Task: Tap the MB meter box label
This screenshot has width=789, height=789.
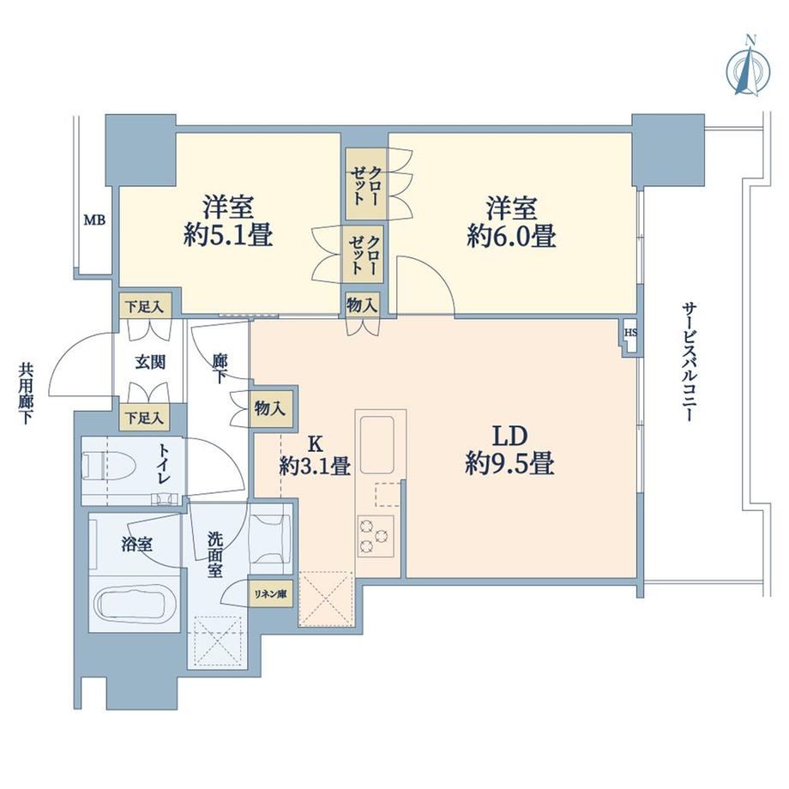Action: (94, 220)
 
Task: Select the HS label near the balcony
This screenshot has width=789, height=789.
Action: (630, 333)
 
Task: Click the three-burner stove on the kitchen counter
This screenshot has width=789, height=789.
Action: (376, 536)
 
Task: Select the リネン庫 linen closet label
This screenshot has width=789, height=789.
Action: (270, 593)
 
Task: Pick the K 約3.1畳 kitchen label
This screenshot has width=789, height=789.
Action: (315, 456)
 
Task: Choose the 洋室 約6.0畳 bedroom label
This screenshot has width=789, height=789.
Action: (511, 222)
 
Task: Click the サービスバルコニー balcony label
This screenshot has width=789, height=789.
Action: (689, 362)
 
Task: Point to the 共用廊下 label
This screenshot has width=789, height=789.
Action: (25, 394)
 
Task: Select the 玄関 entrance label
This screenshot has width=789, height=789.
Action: (150, 362)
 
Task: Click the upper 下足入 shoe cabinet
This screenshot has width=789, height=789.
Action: (145, 306)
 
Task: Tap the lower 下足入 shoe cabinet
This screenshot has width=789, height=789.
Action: (144, 418)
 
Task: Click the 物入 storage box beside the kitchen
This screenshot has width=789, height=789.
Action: (271, 408)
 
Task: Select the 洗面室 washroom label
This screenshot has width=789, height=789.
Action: (215, 555)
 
